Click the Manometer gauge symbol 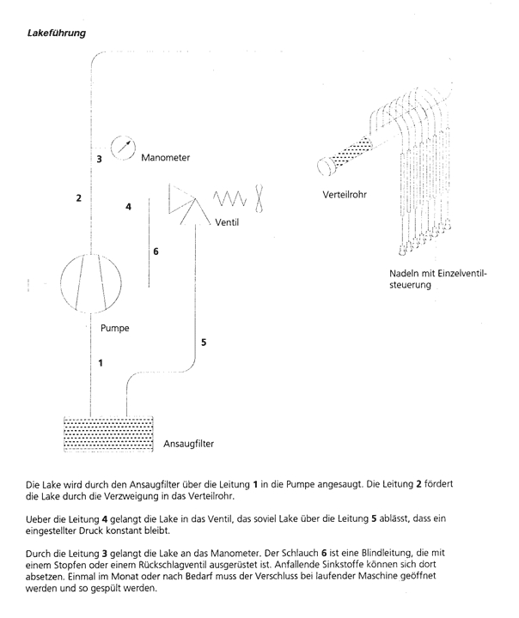[x=124, y=147]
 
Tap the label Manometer [x=165, y=159]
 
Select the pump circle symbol [x=90, y=282]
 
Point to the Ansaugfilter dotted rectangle [x=110, y=433]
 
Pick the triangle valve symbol [x=186, y=201]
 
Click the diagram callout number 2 [x=78, y=198]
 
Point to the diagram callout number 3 [x=99, y=160]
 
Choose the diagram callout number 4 [x=128, y=207]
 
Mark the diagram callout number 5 [x=204, y=342]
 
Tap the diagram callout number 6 [x=156, y=252]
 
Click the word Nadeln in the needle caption [x=405, y=274]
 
